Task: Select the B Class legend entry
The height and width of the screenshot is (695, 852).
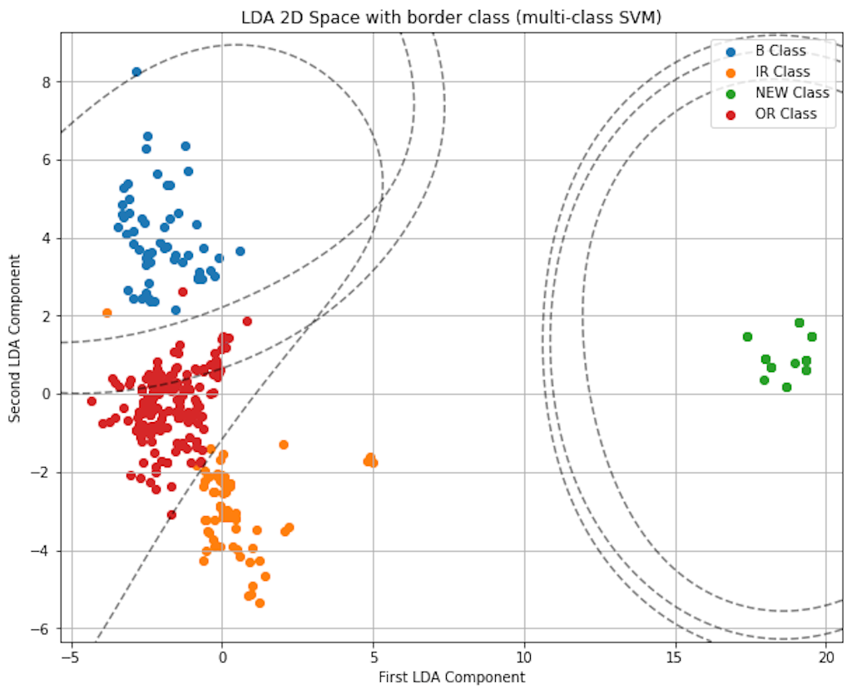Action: [x=780, y=51]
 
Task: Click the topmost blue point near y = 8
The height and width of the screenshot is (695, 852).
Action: [x=136, y=72]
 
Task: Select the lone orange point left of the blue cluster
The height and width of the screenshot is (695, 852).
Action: [x=106, y=313]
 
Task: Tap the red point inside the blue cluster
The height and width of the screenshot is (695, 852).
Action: [x=183, y=291]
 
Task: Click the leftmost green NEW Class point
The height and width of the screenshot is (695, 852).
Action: [x=747, y=337]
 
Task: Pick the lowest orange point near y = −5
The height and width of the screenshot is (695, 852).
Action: [x=260, y=603]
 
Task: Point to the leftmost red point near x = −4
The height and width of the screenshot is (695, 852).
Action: [x=92, y=401]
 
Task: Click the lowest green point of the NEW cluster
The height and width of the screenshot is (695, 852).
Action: [x=786, y=387]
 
